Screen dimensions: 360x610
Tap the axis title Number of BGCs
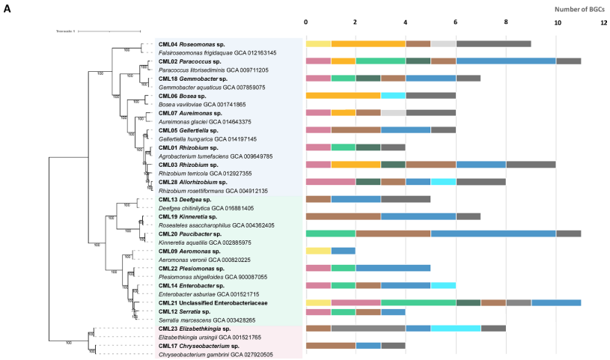point(580,9)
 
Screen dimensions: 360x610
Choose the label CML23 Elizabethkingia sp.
point(197,329)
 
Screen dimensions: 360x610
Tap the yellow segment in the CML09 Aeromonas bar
point(318,251)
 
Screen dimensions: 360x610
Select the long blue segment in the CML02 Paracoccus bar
point(506,61)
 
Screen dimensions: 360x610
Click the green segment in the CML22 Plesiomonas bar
point(343,268)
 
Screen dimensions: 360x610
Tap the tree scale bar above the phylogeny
point(109,31)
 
